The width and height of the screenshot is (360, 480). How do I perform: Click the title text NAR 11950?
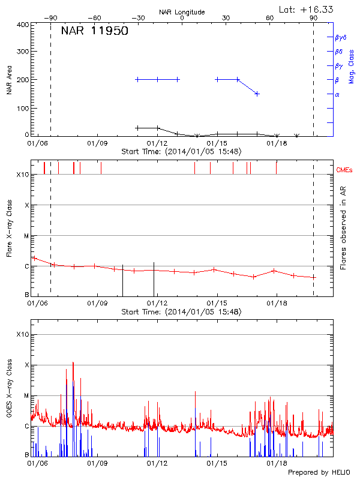pos(94,31)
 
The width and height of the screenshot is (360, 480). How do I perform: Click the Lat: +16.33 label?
pos(307,9)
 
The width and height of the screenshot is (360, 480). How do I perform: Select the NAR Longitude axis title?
pos(182,12)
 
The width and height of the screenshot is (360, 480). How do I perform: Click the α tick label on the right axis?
pos(337,94)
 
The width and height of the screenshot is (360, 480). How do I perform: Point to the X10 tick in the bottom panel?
pos(23,334)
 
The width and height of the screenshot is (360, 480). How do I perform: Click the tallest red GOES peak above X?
pos(73,362)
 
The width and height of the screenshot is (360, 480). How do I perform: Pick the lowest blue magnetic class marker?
pos(257,94)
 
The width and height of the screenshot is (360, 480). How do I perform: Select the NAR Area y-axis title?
pos(8,80)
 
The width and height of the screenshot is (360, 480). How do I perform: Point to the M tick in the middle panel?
pos(26,236)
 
